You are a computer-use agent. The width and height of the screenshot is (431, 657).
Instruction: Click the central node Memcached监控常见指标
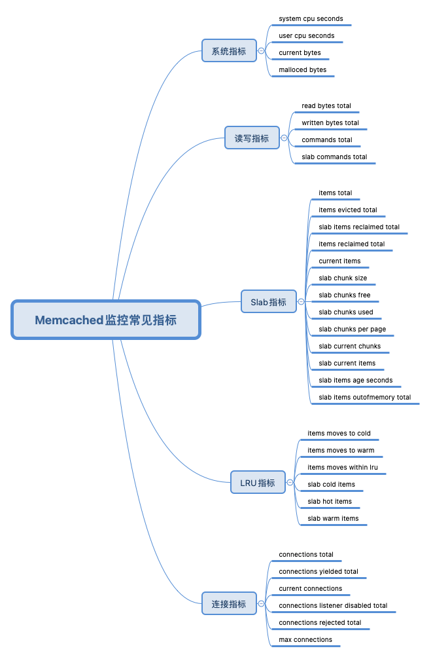click(105, 320)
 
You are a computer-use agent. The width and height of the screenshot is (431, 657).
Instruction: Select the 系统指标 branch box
click(228, 51)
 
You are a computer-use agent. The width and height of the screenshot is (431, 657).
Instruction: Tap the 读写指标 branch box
click(252, 138)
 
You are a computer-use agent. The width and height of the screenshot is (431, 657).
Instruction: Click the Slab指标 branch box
click(268, 302)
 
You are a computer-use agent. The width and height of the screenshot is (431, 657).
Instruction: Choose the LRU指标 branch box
click(258, 483)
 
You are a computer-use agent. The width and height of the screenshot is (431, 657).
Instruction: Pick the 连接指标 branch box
click(228, 604)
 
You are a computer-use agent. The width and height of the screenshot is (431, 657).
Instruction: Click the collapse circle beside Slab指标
click(301, 302)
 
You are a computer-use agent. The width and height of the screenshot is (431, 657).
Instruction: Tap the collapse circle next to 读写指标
click(284, 138)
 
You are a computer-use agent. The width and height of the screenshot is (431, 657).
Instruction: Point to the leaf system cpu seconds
click(311, 19)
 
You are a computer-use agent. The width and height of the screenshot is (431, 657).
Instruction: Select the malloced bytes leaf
click(302, 70)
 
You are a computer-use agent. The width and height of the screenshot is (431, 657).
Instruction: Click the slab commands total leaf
click(334, 157)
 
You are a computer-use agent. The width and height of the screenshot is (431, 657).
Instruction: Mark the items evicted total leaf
click(347, 210)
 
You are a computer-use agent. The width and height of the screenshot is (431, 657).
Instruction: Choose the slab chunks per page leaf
click(352, 329)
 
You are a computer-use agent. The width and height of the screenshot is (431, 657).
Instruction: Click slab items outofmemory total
click(364, 398)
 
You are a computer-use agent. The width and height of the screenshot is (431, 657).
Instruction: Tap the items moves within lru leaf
click(342, 468)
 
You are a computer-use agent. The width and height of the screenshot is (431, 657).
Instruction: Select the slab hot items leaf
click(329, 502)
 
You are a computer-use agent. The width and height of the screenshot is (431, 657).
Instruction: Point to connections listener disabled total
click(333, 606)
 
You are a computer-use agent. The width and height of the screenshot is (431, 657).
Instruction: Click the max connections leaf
click(305, 640)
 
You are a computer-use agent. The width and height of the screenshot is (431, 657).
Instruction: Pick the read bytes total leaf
click(326, 106)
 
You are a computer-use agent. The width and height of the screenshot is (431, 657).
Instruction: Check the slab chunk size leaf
click(342, 278)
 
